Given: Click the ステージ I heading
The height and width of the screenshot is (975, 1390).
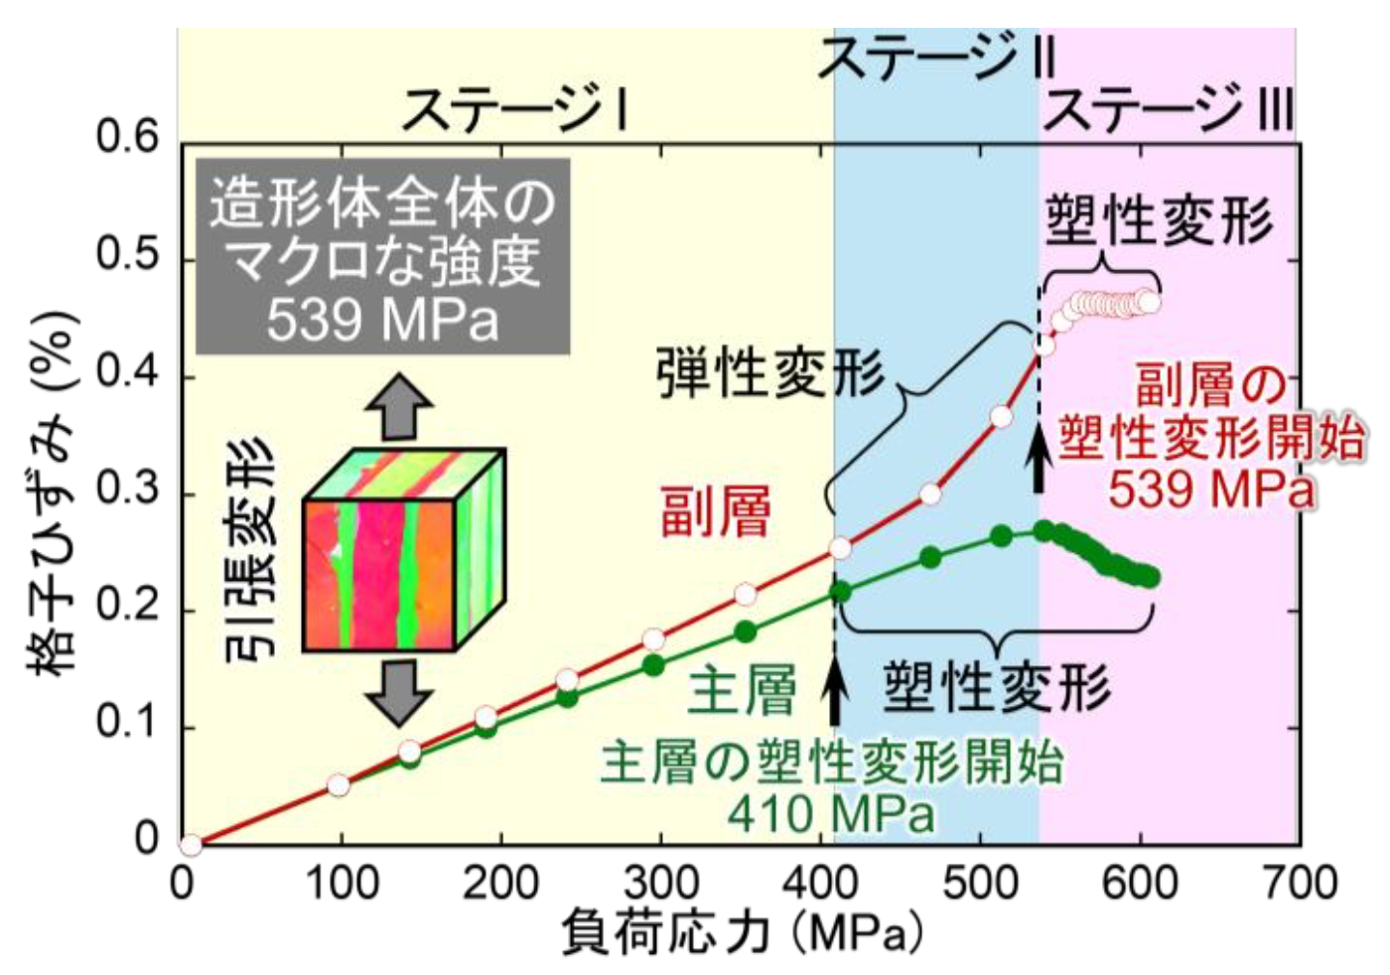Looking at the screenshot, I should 513,107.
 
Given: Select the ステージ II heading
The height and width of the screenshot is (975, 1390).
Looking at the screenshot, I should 936,57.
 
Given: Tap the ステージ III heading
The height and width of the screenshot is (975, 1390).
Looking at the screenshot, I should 1168,107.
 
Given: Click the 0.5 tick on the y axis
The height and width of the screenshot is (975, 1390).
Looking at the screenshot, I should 127,255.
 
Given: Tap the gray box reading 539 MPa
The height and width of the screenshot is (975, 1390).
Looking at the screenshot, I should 382,257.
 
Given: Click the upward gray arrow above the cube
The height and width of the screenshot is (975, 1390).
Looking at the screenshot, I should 398,406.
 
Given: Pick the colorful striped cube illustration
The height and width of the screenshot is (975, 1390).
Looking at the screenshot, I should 402,549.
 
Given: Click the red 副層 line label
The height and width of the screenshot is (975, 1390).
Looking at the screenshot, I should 715,513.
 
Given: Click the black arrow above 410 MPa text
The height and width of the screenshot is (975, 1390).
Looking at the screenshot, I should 835,692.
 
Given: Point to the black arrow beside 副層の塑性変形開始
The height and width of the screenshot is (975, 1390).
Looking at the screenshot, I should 1039,458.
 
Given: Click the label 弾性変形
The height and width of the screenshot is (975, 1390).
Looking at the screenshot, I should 769,375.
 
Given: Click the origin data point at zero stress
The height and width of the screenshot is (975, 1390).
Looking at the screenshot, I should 191,846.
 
